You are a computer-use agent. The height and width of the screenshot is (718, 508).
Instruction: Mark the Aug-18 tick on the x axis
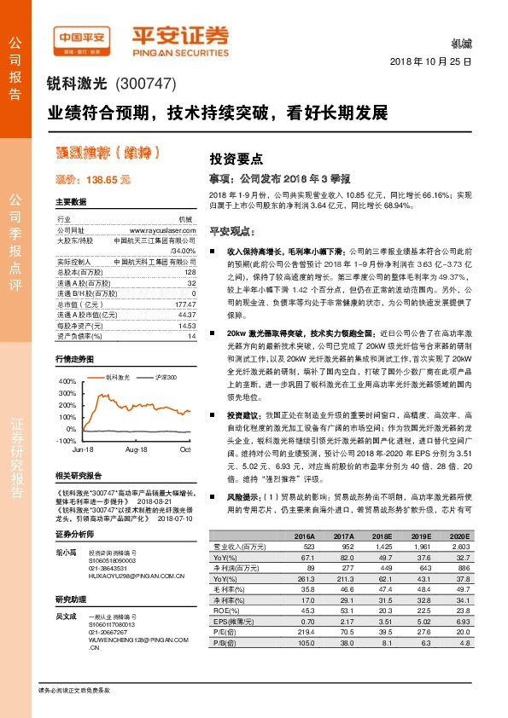click(x=137, y=449)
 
